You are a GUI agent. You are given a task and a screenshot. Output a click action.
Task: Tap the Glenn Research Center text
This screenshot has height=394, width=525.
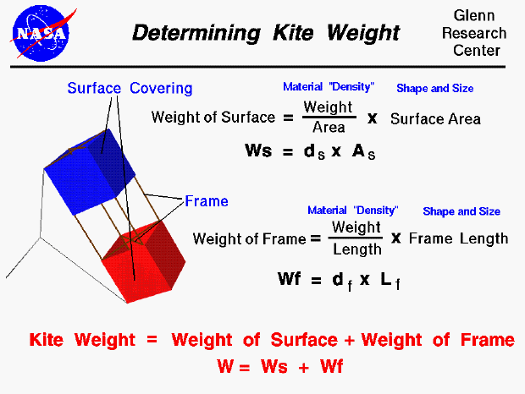(x=478, y=34)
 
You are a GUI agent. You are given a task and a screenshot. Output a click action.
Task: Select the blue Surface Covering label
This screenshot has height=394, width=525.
(x=130, y=88)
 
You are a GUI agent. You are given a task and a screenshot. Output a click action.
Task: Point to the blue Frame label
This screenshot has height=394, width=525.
(x=207, y=201)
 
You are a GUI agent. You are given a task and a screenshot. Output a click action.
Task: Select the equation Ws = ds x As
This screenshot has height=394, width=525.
(x=310, y=152)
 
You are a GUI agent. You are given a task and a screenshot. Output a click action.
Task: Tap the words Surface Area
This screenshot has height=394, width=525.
(x=435, y=118)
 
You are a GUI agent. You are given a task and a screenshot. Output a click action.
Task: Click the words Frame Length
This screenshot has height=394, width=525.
(x=458, y=238)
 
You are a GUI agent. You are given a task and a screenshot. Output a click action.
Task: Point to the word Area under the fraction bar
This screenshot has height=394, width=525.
(x=329, y=128)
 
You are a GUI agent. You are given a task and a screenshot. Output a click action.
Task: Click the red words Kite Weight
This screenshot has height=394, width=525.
(x=82, y=340)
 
